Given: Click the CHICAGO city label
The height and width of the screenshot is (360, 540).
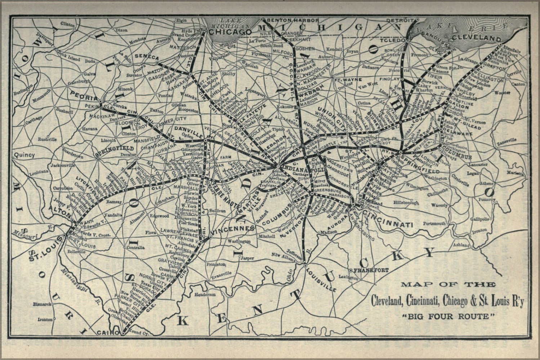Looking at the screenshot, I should point(230,32).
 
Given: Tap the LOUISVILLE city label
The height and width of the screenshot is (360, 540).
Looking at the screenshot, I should point(321,279).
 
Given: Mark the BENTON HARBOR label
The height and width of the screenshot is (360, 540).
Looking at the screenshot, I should point(292,20).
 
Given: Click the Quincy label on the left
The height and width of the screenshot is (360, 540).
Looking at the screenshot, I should point(24,155).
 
